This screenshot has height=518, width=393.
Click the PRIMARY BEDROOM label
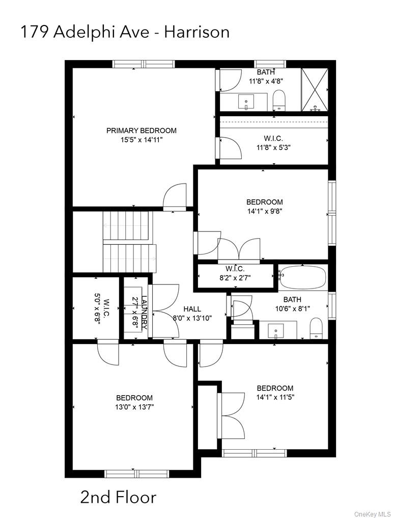click(x=141, y=131)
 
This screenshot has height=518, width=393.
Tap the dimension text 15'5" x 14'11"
click(x=141, y=139)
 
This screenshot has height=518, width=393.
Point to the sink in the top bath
click(x=247, y=101)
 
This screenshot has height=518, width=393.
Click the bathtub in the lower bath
click(x=303, y=277)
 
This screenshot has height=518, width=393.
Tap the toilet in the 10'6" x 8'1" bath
click(x=316, y=328)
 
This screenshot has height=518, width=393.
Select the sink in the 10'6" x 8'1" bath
click(x=276, y=330)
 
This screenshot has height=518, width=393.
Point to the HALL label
click(x=192, y=309)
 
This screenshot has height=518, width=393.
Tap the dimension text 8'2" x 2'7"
click(x=235, y=278)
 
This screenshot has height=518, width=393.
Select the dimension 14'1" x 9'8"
click(x=265, y=211)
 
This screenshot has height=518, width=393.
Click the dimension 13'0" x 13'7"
click(x=134, y=407)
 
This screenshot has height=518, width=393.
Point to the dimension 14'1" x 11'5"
click(x=275, y=397)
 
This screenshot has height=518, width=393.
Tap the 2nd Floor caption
click(x=118, y=497)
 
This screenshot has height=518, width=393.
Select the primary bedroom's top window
click(x=144, y=64)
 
